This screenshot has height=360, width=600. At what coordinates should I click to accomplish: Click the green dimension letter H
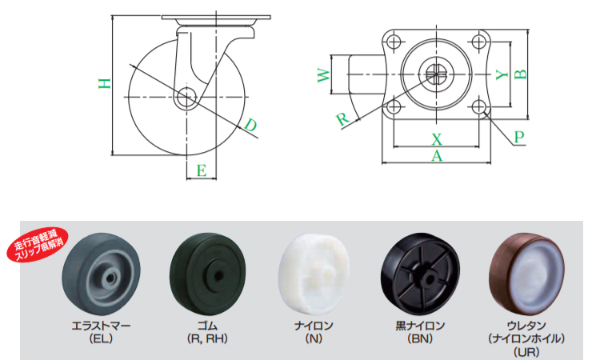(x=105, y=83)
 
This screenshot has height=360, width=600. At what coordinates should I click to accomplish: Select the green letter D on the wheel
(x=250, y=125)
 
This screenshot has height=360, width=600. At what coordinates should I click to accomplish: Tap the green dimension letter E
(x=202, y=170)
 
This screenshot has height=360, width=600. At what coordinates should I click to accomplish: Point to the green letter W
(x=324, y=74)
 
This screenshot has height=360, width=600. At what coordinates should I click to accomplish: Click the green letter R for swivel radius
(x=343, y=119)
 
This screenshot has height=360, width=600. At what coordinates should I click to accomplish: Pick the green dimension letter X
(x=437, y=139)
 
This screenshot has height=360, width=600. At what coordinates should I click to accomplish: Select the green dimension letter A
(x=437, y=156)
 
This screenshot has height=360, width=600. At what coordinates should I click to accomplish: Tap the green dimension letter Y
(x=502, y=74)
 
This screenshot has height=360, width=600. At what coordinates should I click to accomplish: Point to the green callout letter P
(x=519, y=137)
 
